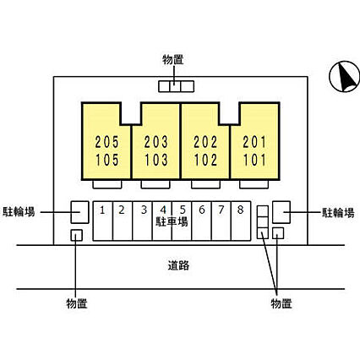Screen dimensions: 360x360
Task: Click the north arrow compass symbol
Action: (344, 77)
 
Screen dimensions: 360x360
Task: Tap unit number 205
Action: (107, 142)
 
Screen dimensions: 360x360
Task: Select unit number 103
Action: (156, 160)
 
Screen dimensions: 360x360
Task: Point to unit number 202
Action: (205, 142)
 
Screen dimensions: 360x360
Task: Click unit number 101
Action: (255, 160)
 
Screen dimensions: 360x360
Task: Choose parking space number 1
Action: (102, 210)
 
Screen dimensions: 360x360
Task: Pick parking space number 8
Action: (240, 210)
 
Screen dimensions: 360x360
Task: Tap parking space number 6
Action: (202, 210)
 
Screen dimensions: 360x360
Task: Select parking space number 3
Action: (144, 210)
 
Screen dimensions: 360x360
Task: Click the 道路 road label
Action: (178, 265)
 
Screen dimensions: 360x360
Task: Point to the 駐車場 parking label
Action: (172, 221)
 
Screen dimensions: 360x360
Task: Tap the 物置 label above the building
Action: (173, 60)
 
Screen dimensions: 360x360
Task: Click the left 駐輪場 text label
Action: (19, 211)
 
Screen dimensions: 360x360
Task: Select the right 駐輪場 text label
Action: (338, 213)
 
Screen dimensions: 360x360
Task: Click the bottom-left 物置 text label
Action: (77, 303)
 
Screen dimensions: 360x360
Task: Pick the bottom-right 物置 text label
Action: (281, 303)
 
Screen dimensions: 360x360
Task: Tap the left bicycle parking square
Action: (79, 212)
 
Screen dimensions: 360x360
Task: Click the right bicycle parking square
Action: (281, 212)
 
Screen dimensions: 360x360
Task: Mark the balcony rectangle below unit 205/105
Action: (107, 184)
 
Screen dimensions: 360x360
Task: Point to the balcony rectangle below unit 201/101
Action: (254, 184)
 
